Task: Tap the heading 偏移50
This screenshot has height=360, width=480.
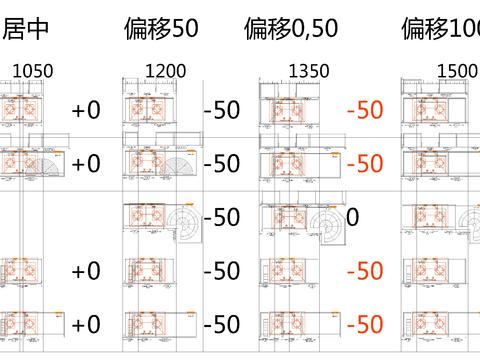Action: coord(163,29)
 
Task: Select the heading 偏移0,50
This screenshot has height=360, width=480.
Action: coord(296,29)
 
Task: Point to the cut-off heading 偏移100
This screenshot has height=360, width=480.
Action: coord(441,29)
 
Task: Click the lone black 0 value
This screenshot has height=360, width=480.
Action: coord(353,217)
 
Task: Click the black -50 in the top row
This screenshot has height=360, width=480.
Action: coord(221,109)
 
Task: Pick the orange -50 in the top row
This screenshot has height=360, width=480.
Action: coord(364,109)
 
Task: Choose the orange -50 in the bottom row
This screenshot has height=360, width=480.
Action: coord(364,324)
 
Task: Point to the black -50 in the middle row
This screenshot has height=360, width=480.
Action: coord(221,217)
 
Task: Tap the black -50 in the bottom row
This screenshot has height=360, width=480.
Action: coord(221,324)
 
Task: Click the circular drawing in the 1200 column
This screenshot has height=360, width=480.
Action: coord(185,222)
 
